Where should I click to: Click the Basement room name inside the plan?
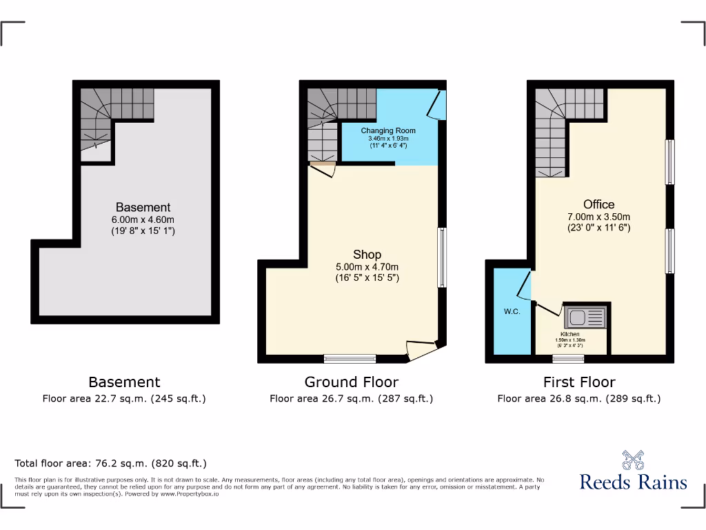click(143, 207)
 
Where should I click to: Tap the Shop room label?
click(367, 255)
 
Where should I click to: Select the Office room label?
click(598, 204)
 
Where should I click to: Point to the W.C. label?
click(512, 311)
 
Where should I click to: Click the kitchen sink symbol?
click(585, 318)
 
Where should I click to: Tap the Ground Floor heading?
click(351, 382)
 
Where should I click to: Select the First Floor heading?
click(579, 382)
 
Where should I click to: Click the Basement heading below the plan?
click(124, 382)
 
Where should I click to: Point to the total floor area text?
click(110, 464)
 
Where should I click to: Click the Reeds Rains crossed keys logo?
click(633, 460)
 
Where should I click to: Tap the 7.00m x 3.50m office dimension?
click(598, 216)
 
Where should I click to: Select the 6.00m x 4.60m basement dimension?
click(143, 219)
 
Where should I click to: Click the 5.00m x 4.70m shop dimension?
click(367, 266)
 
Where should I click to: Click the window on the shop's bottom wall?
click(350, 358)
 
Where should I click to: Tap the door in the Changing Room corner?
click(436, 105)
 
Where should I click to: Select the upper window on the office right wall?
click(669, 162)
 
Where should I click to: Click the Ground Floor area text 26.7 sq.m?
click(351, 398)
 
